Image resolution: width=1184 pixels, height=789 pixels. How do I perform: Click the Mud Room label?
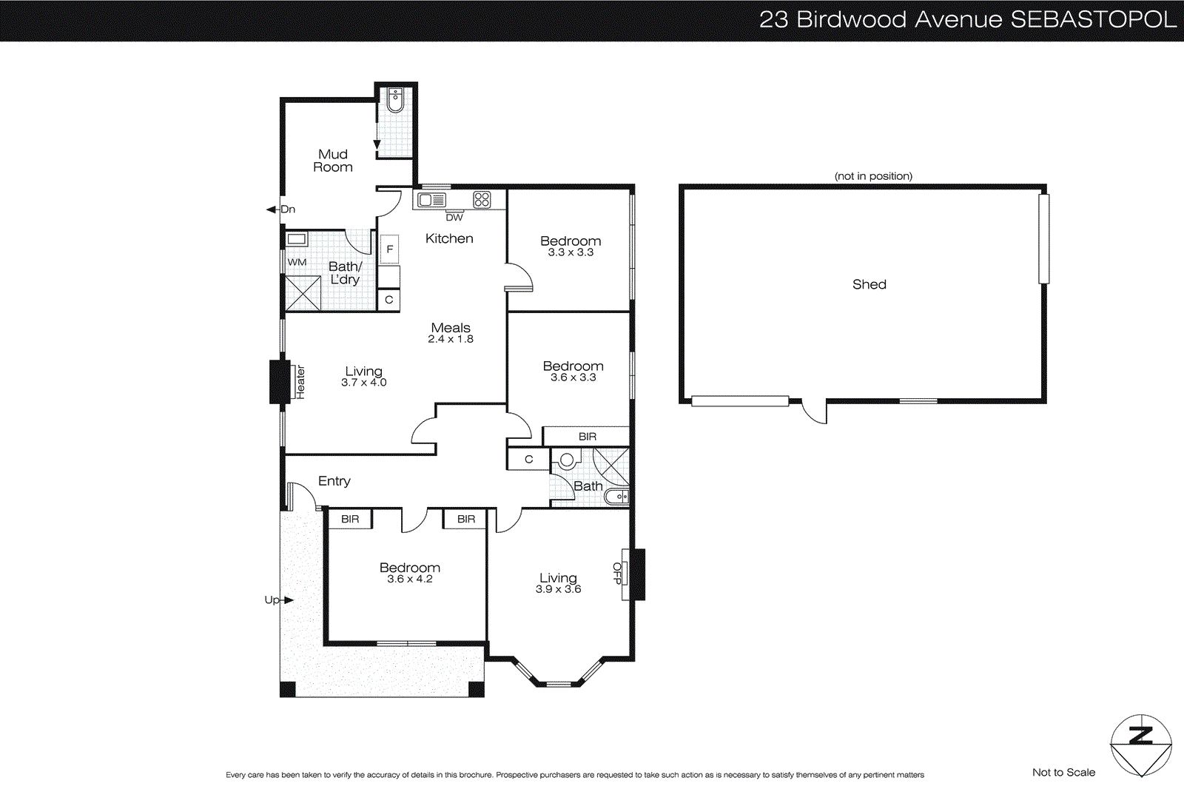point(333,161)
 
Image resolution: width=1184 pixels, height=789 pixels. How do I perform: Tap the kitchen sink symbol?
point(431,200)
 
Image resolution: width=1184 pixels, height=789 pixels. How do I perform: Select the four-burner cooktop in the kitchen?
point(482,199)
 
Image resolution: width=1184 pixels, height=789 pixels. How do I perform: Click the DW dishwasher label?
point(454,218)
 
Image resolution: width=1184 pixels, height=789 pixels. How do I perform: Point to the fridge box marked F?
point(389,249)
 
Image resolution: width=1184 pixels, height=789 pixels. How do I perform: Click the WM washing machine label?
point(297,262)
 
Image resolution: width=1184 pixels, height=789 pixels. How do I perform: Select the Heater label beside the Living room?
point(300,382)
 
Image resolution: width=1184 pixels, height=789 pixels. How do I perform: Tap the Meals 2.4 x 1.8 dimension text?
point(451,339)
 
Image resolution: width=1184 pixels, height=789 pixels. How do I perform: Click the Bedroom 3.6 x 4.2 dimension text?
point(410,579)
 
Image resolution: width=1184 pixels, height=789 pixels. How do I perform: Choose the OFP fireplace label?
point(618,574)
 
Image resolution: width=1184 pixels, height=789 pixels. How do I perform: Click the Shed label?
point(869,284)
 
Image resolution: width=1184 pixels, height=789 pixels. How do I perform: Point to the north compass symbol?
point(1140,745)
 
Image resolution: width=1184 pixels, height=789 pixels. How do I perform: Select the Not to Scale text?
point(1063,772)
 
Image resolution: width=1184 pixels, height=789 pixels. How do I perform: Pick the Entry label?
point(334,481)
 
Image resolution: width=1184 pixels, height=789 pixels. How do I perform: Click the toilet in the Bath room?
point(566,461)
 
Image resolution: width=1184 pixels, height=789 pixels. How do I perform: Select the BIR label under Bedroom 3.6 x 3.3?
point(587,437)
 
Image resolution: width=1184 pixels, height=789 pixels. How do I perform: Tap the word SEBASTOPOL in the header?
point(1093,19)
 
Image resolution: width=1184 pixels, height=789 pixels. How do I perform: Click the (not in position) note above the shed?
point(873,176)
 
